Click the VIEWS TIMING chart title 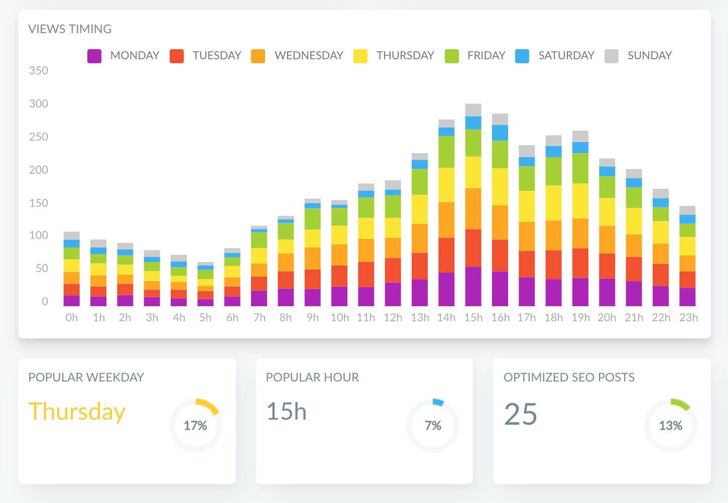70,29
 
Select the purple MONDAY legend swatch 94,56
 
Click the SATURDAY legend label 566,55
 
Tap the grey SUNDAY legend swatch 611,56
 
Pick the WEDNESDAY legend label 308,55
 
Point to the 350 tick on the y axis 39,71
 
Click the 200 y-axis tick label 39,170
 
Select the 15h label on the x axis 473,318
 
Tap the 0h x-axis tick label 72,318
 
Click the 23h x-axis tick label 688,318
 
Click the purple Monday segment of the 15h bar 473,286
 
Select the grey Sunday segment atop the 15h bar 473,109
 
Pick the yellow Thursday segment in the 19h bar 580,201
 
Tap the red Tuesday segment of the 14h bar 446,255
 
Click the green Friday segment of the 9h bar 312,219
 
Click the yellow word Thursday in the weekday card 77,412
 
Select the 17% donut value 195,426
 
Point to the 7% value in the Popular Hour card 433,426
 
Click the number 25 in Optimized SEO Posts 521,414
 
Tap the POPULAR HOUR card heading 312,378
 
